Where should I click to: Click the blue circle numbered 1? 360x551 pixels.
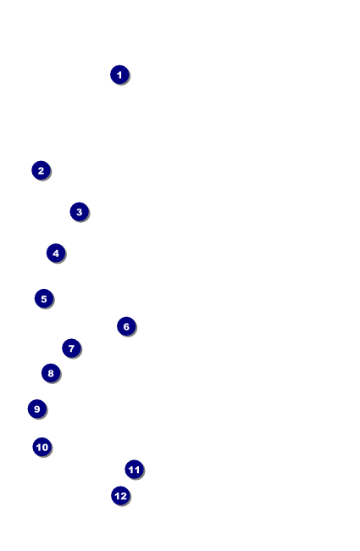pyautogui.click(x=119, y=75)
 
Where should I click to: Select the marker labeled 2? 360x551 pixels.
pyautogui.click(x=42, y=170)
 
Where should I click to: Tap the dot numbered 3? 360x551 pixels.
pyautogui.click(x=80, y=212)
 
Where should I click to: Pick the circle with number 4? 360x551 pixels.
pyautogui.click(x=56, y=253)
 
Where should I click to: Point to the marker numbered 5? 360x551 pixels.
pyautogui.click(x=44, y=298)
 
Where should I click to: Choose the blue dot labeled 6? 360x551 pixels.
pyautogui.click(x=126, y=326)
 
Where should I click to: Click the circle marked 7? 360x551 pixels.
pyautogui.click(x=72, y=348)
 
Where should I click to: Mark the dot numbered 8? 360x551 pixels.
pyautogui.click(x=51, y=373)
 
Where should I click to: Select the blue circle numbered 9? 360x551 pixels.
pyautogui.click(x=37, y=409)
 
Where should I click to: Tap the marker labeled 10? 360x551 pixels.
pyautogui.click(x=42, y=447)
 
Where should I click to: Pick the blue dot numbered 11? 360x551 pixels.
pyautogui.click(x=134, y=469)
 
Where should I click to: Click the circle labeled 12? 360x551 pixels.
pyautogui.click(x=121, y=496)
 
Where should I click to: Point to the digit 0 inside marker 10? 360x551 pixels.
pyautogui.click(x=45, y=448)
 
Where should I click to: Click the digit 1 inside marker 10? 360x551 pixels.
pyautogui.click(x=38, y=448)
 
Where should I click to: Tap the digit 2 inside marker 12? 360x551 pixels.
pyautogui.click(x=124, y=496)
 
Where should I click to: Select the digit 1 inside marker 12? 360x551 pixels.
pyautogui.click(x=117, y=496)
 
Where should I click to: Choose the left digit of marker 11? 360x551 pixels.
pyautogui.click(x=131, y=470)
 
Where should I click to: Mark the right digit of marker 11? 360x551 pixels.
pyautogui.click(x=137, y=470)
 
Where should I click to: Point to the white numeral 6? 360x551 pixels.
pyautogui.click(x=126, y=327)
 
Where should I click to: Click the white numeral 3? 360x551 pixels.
pyautogui.click(x=80, y=212)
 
